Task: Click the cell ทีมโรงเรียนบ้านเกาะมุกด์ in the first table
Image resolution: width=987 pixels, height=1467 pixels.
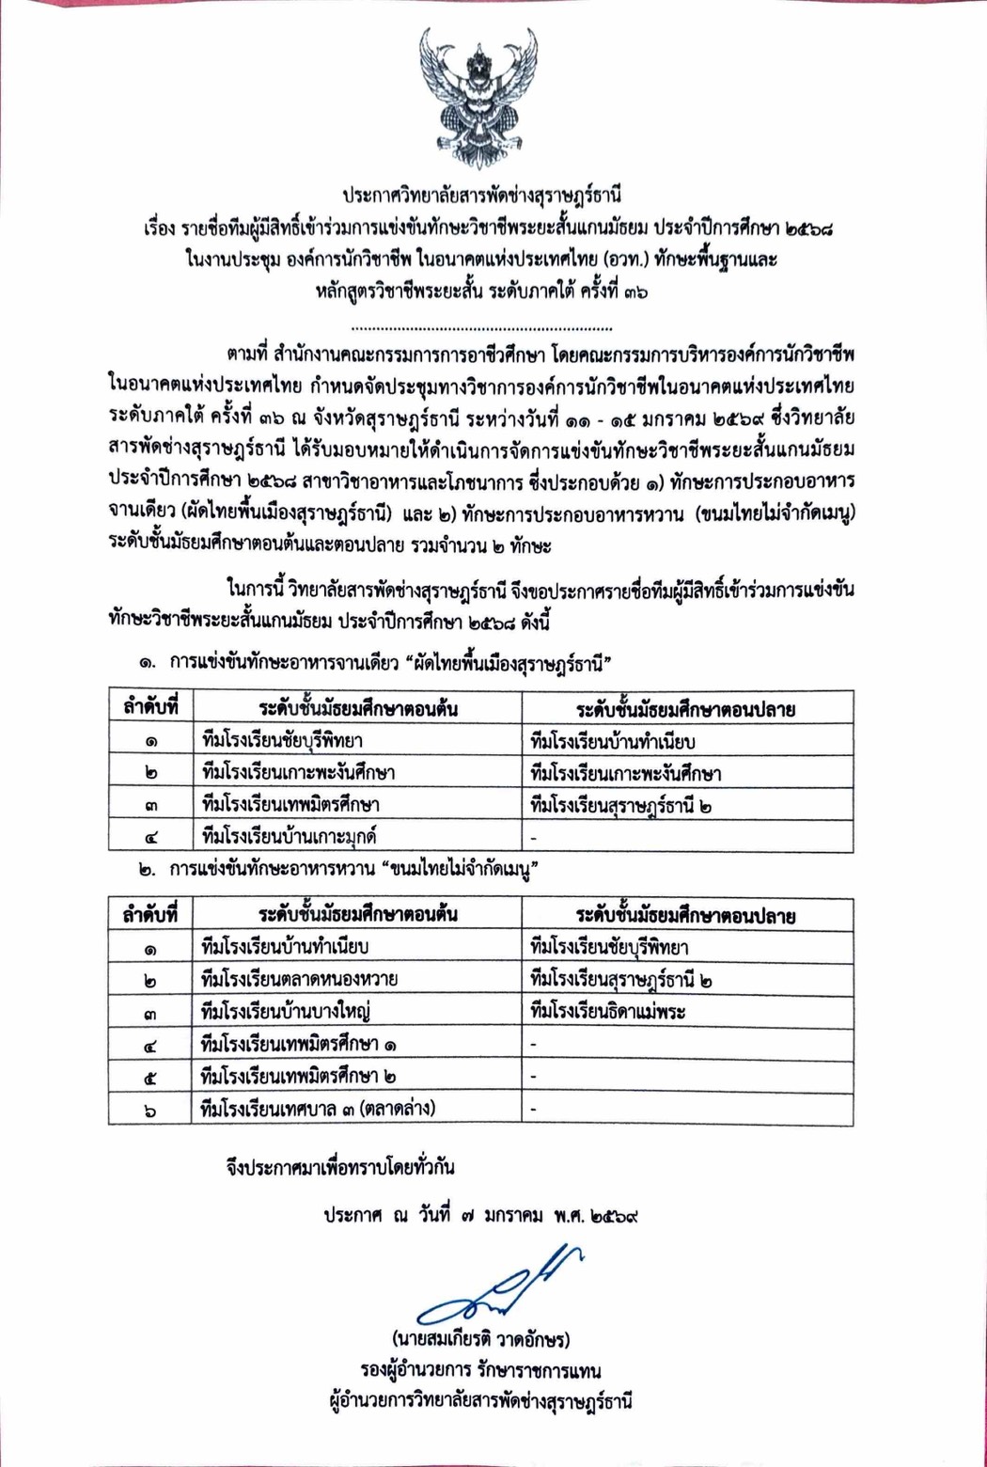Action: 290,836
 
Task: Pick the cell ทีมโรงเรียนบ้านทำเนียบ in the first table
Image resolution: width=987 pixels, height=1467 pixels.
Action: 613,741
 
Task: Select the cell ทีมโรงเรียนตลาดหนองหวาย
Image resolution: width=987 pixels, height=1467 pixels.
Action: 300,979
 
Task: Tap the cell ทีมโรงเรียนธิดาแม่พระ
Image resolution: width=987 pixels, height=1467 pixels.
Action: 608,1012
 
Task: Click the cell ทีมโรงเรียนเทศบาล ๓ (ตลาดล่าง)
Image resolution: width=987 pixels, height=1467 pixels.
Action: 319,1108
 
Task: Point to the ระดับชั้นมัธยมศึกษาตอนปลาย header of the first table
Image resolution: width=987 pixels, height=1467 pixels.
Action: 686,709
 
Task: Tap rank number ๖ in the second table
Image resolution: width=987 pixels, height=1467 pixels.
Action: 150,1110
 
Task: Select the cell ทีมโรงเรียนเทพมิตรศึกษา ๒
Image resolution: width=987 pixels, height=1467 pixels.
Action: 299,1076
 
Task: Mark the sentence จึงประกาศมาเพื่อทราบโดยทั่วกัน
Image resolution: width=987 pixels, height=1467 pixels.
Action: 340,1167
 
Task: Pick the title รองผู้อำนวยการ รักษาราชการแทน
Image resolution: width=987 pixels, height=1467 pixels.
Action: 480,1370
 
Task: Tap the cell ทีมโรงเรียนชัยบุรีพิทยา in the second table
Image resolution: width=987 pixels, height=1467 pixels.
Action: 609,947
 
